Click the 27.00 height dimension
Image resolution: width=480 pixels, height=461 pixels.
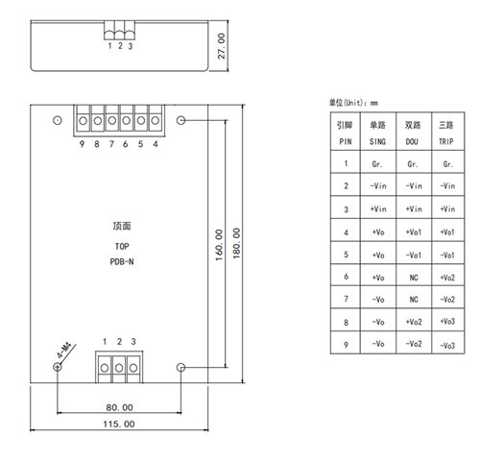pyautogui.click(x=222, y=46)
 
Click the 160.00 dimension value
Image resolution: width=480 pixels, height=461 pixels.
pyautogui.click(x=219, y=245)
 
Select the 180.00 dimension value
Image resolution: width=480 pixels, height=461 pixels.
pyautogui.click(x=236, y=243)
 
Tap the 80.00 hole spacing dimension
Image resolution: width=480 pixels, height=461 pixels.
pyautogui.click(x=119, y=407)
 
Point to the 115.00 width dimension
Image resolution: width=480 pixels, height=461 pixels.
pyautogui.click(x=119, y=425)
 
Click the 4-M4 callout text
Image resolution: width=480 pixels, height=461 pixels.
pyautogui.click(x=64, y=350)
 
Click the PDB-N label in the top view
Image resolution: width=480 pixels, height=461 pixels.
pyautogui.click(x=122, y=262)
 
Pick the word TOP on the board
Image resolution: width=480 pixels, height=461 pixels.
pyautogui.click(x=122, y=247)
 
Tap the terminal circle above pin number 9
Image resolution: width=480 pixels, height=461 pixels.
pyautogui.click(x=84, y=121)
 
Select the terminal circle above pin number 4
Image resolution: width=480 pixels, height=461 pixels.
pyautogui.click(x=156, y=121)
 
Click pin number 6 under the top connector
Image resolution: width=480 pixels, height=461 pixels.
pyautogui.click(x=126, y=144)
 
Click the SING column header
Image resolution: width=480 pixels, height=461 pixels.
pyautogui.click(x=377, y=141)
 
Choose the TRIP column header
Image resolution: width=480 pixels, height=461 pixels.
pyautogui.click(x=446, y=141)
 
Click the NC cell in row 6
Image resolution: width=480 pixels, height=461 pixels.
pyautogui.click(x=414, y=278)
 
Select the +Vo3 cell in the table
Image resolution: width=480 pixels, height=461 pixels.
pyautogui.click(x=447, y=322)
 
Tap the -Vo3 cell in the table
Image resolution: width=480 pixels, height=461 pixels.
pyautogui.click(x=447, y=346)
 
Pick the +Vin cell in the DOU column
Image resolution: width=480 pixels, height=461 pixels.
pyautogui.click(x=414, y=209)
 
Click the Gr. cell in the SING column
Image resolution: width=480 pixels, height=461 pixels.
pyautogui.click(x=377, y=164)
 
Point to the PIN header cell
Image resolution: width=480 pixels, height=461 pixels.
pyautogui.click(x=346, y=141)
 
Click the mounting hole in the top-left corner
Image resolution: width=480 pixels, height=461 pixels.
pyautogui.click(x=58, y=120)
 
